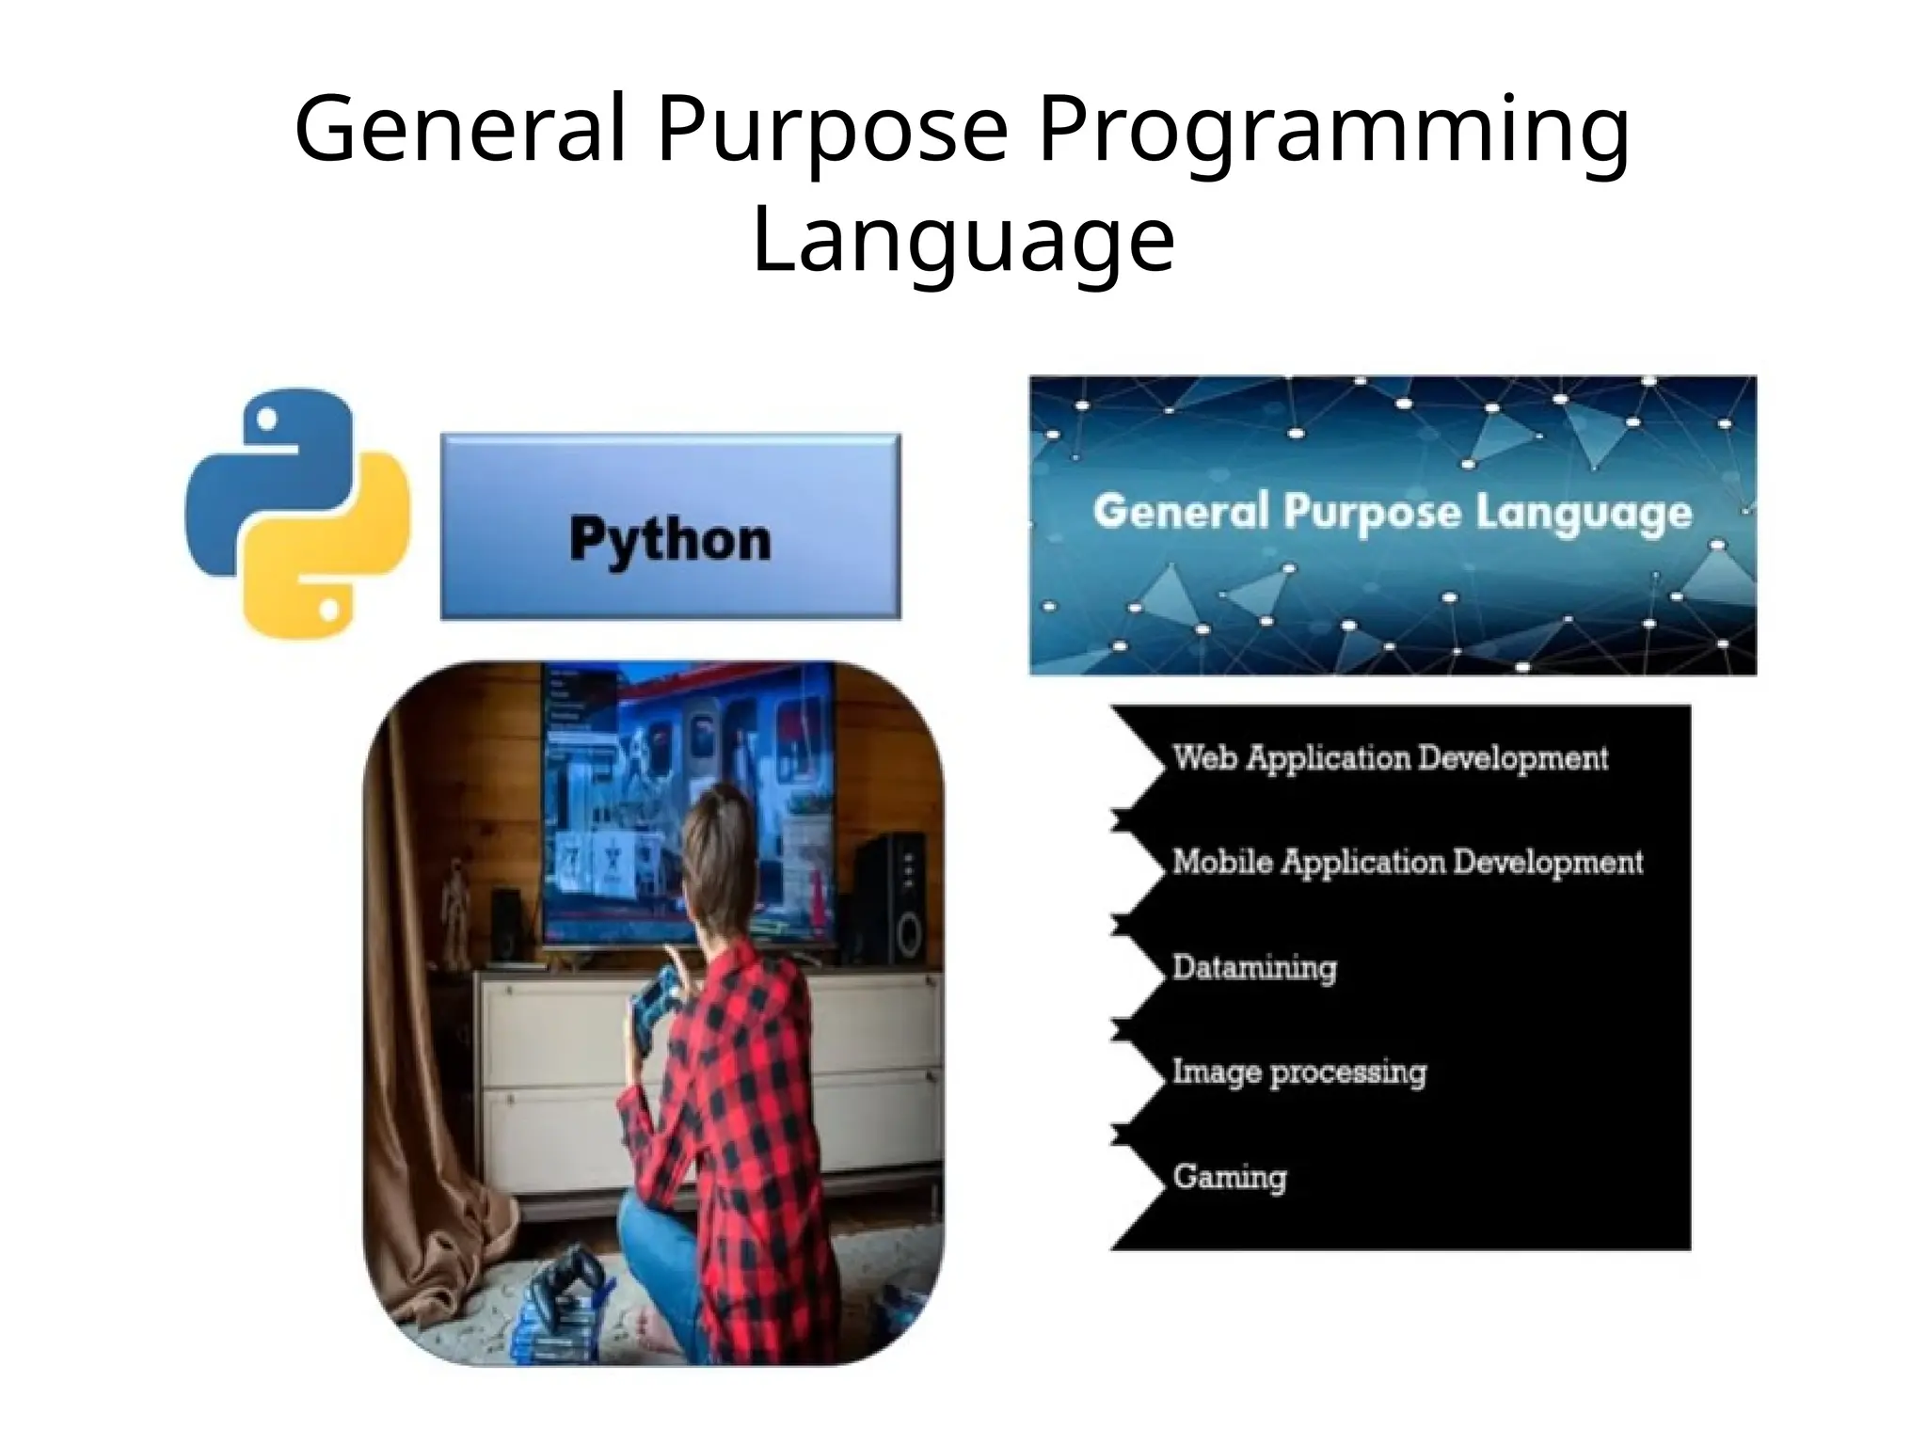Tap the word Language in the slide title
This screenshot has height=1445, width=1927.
point(963,240)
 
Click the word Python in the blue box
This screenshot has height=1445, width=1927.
point(670,540)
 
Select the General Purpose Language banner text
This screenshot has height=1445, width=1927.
point(1392,514)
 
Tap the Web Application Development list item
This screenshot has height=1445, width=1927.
point(1390,758)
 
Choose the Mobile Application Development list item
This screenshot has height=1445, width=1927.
point(1407,863)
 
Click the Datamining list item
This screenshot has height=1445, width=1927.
point(1254,968)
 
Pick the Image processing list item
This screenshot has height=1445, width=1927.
point(1298,1072)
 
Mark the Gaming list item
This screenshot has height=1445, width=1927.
point(1229,1177)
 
